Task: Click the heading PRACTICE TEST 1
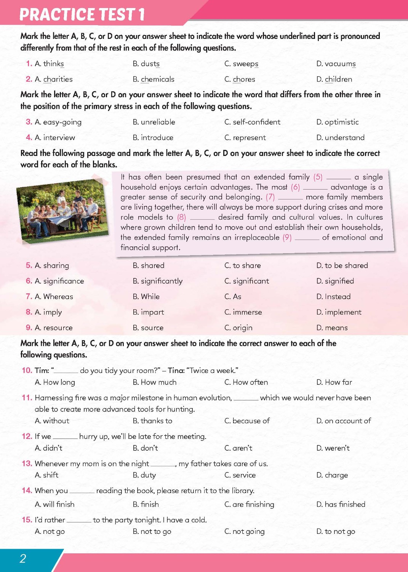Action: coord(82,14)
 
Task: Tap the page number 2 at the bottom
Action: coord(23,559)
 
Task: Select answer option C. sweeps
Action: coord(241,64)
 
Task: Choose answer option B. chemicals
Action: coord(154,79)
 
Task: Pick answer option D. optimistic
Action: coord(338,122)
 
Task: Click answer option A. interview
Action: coord(55,138)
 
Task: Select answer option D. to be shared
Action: coord(342,265)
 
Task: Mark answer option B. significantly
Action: coord(158,281)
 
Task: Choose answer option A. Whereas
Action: coord(54,297)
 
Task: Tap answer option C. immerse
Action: coord(243,312)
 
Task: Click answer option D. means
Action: coord(332,328)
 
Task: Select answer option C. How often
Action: coord(246,382)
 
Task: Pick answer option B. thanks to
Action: coord(152,421)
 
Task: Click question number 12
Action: coord(27,436)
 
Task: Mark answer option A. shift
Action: coord(46,475)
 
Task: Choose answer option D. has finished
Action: coord(341,504)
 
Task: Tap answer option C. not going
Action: coord(244,532)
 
